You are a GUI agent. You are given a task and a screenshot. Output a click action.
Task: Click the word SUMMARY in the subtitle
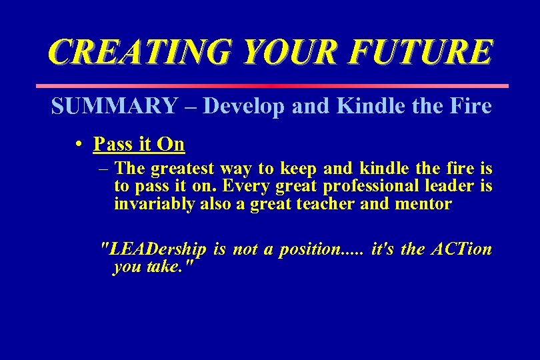tap(115, 106)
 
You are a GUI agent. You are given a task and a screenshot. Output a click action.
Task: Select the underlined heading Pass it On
tap(139, 144)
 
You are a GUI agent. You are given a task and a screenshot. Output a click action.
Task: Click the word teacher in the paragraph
tap(325, 205)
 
